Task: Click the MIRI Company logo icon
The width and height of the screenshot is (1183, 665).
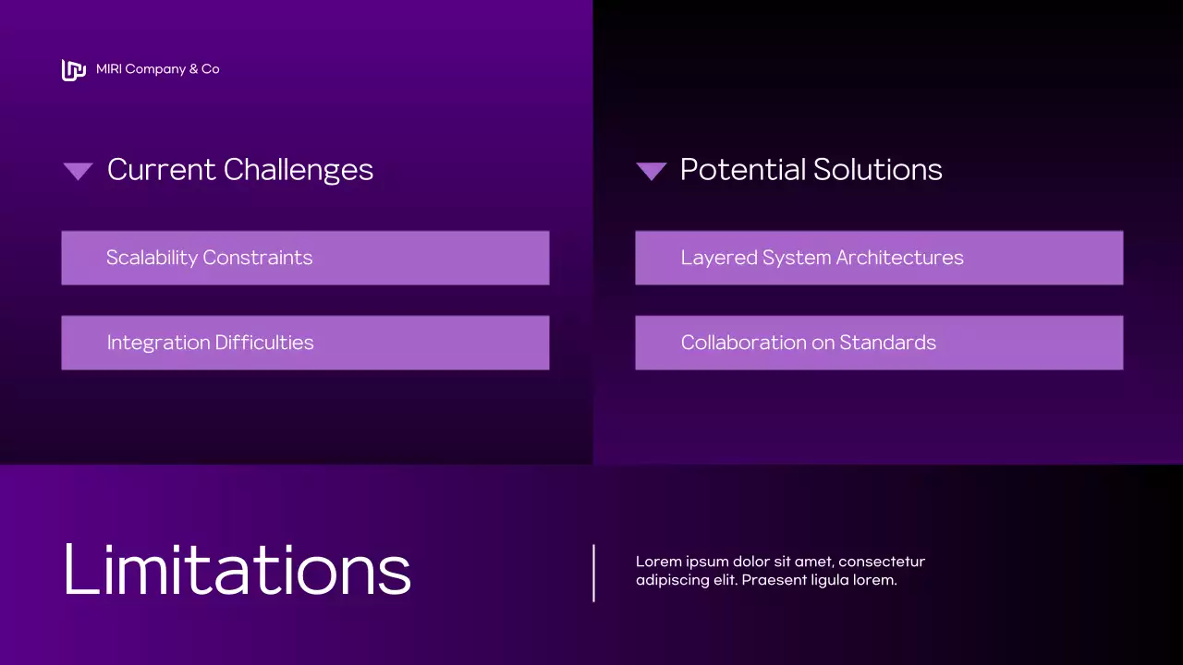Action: [73, 69]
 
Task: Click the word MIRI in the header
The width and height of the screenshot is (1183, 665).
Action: [108, 69]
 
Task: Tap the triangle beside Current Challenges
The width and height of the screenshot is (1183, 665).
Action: [78, 171]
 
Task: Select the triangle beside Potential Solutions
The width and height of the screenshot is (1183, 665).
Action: [652, 171]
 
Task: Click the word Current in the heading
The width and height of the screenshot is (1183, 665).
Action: [162, 170]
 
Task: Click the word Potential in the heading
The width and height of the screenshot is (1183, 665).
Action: [742, 170]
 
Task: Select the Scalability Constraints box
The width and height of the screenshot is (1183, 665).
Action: [305, 258]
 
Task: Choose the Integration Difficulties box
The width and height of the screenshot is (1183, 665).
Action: [305, 343]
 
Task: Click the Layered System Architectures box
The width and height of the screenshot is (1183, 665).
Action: [879, 258]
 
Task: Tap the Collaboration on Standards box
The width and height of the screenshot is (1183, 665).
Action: [879, 343]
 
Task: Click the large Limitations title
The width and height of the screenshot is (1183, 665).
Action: [237, 570]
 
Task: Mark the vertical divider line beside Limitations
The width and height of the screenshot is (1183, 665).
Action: [593, 573]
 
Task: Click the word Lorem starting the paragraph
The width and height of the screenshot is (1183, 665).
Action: [656, 562]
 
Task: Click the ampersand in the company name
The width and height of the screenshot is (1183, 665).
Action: [193, 69]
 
